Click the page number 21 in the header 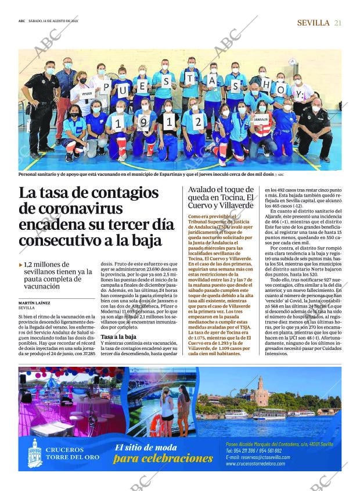[x=337, y=23]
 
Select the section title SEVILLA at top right [x=313, y=23]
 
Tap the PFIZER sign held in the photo [x=87, y=93]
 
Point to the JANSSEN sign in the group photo [x=261, y=120]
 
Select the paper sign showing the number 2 [x=198, y=121]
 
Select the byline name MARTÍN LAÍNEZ [x=34, y=303]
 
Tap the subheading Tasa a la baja [x=118, y=337]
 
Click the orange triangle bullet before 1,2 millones [x=21, y=264]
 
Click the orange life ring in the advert [x=156, y=424]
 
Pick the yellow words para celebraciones [x=163, y=458]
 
